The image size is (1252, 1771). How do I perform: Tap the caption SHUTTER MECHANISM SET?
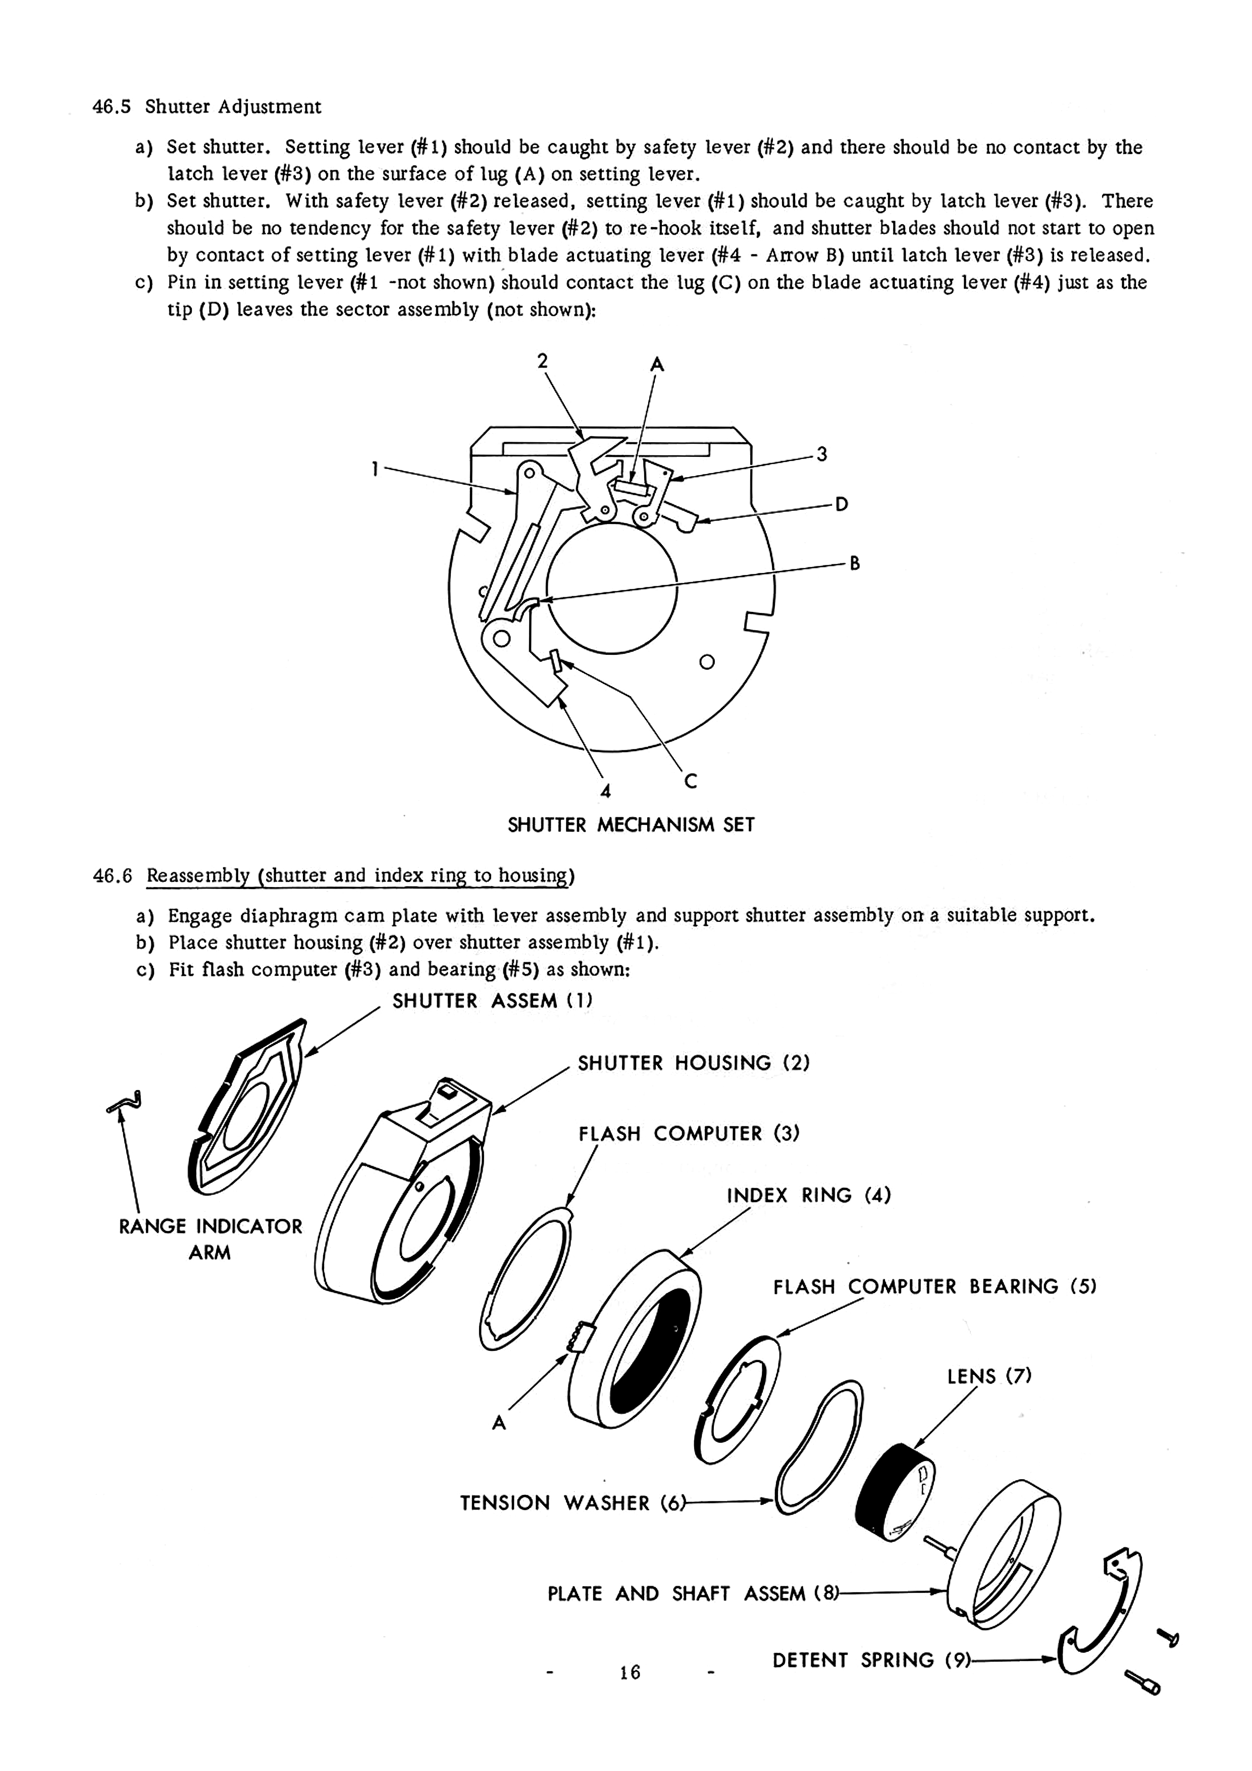click(631, 825)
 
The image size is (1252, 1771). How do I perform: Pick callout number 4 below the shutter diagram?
click(606, 792)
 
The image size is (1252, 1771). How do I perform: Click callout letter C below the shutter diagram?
click(691, 782)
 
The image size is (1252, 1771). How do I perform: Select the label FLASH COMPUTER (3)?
click(689, 1134)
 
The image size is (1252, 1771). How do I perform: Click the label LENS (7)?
click(989, 1376)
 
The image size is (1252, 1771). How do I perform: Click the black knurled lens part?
click(895, 1490)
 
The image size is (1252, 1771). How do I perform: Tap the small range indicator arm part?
click(126, 1102)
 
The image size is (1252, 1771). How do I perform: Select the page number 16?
click(630, 1672)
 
